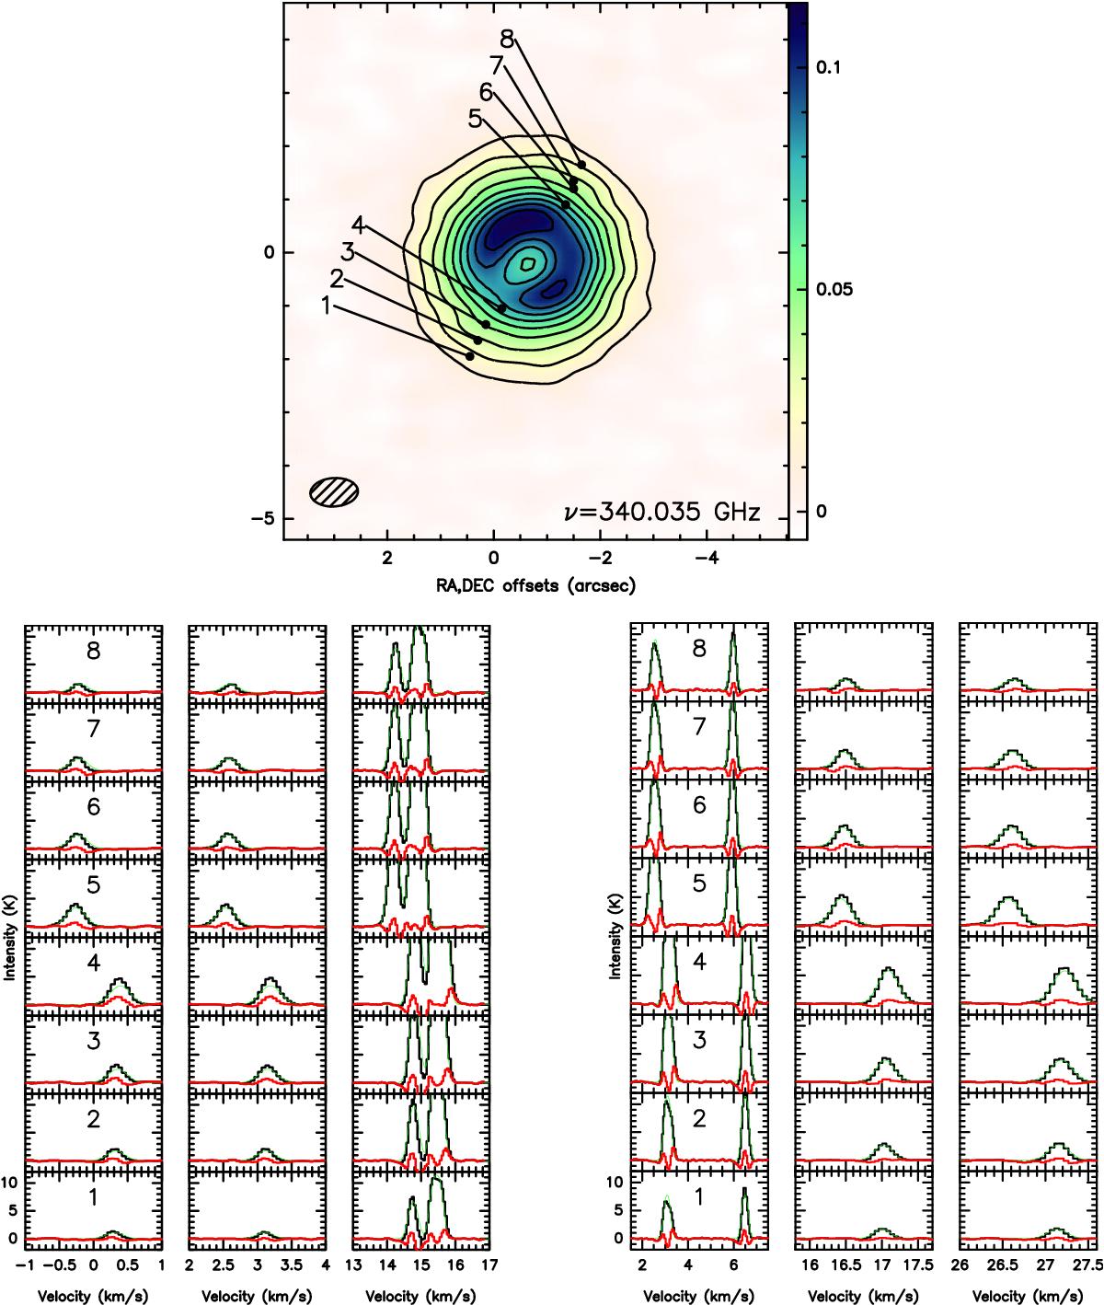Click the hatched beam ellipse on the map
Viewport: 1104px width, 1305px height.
tap(334, 491)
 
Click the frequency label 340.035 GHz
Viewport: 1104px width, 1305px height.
tap(662, 512)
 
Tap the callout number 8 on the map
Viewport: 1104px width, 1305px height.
tap(507, 40)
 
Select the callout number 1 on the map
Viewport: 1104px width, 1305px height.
tap(326, 306)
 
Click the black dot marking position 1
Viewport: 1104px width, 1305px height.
tap(469, 356)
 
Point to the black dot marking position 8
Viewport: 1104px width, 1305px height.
tap(581, 165)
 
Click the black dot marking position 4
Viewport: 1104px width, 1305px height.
tap(502, 308)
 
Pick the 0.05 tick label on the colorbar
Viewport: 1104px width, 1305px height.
tap(834, 289)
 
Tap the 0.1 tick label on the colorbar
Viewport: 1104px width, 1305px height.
tap(827, 67)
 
